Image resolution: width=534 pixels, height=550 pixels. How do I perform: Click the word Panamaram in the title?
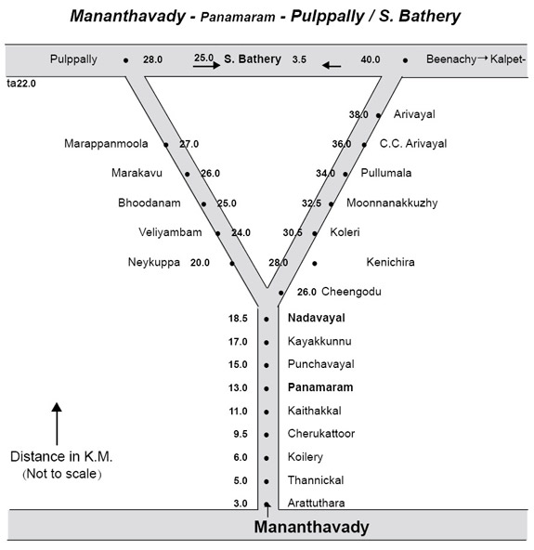pyautogui.click(x=238, y=17)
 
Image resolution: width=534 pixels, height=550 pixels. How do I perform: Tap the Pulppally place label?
pyautogui.click(x=73, y=59)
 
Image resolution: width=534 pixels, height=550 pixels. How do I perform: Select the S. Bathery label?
pyautogui.click(x=253, y=59)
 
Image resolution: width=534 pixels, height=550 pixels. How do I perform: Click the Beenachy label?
pyautogui.click(x=451, y=59)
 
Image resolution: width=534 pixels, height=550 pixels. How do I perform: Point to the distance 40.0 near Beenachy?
pyautogui.click(x=371, y=59)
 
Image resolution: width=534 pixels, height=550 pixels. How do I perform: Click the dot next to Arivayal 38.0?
pyautogui.click(x=378, y=115)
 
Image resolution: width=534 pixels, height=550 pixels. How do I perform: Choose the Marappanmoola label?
pyautogui.click(x=106, y=144)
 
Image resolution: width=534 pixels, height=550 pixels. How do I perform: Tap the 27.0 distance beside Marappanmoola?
pyautogui.click(x=189, y=144)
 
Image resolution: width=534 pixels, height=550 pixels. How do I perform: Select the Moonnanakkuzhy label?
pyautogui.click(x=392, y=203)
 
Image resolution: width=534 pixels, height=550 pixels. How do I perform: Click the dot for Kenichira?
pyautogui.click(x=315, y=263)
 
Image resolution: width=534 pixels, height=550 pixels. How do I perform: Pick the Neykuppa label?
pyautogui.click(x=154, y=262)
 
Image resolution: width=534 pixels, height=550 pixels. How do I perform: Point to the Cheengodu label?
pyautogui.click(x=351, y=292)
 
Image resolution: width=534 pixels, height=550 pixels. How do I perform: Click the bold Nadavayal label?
pyautogui.click(x=317, y=318)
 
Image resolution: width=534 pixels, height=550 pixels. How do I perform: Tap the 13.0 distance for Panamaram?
pyautogui.click(x=238, y=388)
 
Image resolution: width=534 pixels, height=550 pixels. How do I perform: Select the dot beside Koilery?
pyautogui.click(x=267, y=458)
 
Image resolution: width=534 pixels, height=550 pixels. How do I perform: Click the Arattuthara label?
pyautogui.click(x=316, y=503)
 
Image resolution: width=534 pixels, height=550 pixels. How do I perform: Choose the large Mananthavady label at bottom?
pyautogui.click(x=311, y=527)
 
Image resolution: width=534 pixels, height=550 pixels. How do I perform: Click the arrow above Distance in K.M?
pyautogui.click(x=57, y=424)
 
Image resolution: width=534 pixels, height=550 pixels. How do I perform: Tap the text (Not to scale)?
pyautogui.click(x=61, y=474)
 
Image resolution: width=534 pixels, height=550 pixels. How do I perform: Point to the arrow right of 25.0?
pyautogui.click(x=207, y=65)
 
